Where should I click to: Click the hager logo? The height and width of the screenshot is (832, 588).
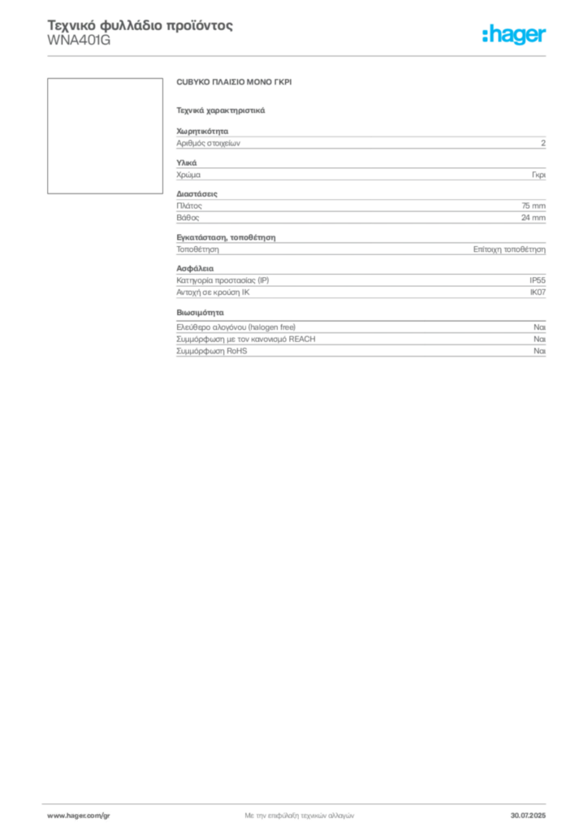(514, 34)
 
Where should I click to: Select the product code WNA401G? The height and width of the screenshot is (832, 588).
(79, 41)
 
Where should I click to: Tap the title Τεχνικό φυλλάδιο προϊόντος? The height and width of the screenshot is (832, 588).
(140, 25)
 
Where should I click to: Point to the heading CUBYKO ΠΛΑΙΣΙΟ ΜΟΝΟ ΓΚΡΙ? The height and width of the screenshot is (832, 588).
(234, 82)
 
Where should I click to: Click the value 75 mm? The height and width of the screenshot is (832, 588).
(534, 206)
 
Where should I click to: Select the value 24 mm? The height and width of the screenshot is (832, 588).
(534, 218)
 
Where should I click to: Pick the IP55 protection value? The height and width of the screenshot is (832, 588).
(538, 280)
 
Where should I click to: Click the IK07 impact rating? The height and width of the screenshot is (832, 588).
(538, 292)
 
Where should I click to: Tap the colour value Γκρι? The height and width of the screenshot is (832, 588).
(538, 175)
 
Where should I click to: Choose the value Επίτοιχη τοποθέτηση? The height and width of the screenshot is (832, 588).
(509, 249)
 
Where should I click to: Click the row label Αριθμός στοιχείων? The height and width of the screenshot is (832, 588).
(209, 143)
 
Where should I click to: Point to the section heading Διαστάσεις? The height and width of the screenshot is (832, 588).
(197, 194)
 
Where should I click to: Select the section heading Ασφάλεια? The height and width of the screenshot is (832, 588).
(195, 268)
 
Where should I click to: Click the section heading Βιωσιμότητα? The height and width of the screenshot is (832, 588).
(201, 313)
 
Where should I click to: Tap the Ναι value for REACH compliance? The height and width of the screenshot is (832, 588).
(540, 339)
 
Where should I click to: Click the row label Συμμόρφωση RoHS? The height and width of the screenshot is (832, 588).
(211, 351)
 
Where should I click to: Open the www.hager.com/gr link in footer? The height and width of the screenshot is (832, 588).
(79, 816)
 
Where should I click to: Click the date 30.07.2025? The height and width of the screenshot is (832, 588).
(528, 816)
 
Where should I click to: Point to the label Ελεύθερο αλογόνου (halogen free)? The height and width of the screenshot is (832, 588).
(236, 327)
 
